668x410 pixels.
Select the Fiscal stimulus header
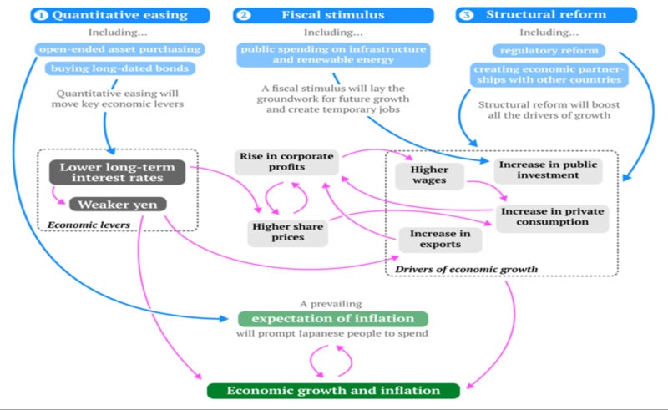tap(334, 15)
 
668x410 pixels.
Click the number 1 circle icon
tap(41, 15)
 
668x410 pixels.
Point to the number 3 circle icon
tap(468, 15)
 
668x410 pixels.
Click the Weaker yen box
tap(117, 205)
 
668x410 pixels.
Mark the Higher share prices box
tap(286, 230)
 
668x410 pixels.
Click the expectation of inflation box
tap(332, 318)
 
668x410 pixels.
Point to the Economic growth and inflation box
tap(333, 391)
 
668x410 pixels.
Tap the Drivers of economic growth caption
tap(467, 269)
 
